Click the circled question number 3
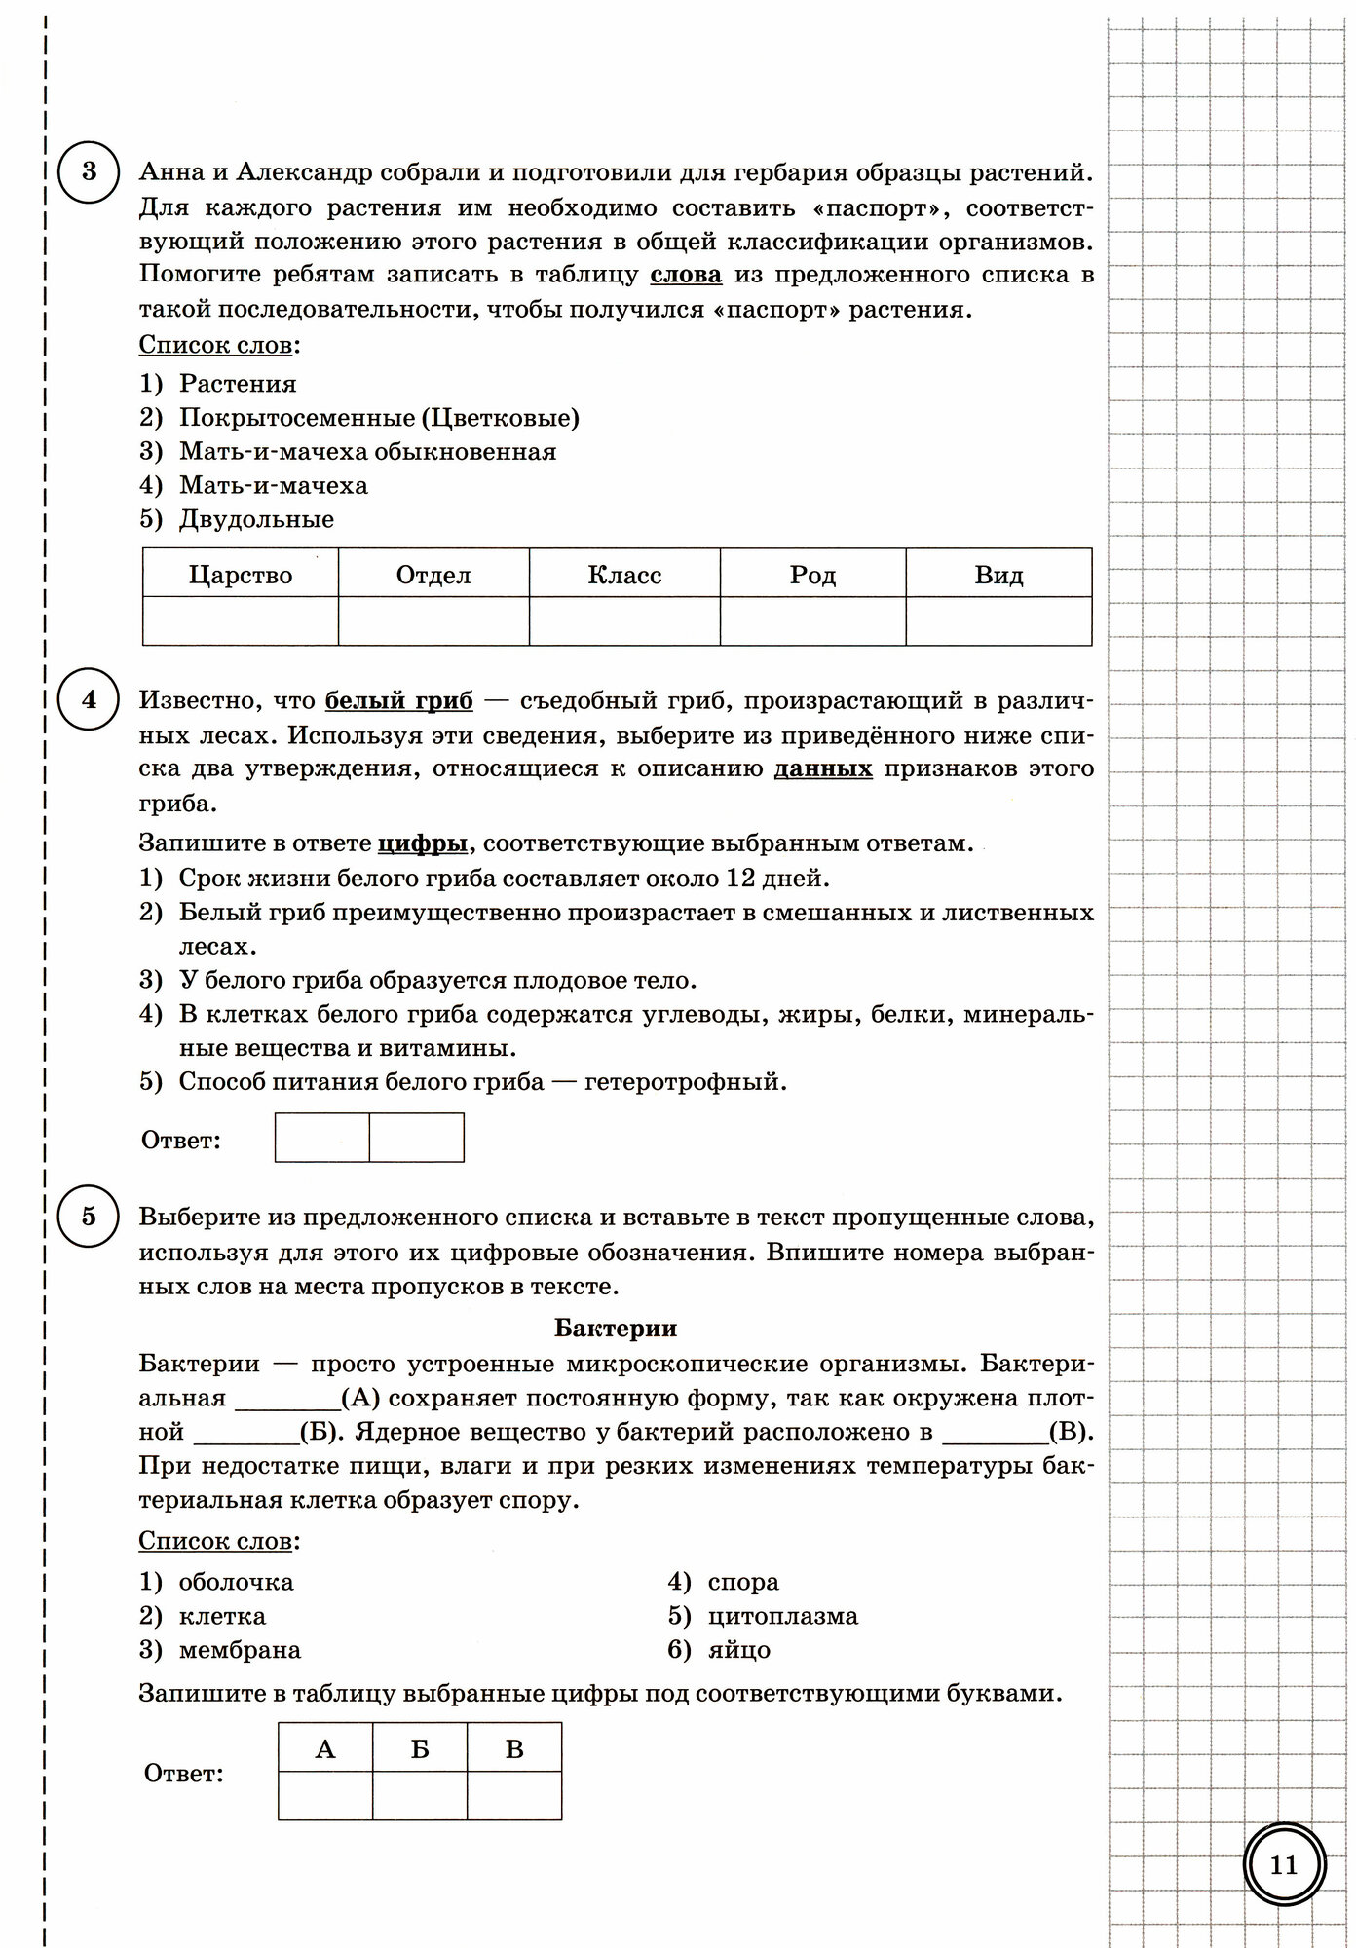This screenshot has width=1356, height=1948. point(89,172)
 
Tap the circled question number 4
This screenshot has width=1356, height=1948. point(89,699)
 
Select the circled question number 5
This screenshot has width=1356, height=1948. point(89,1216)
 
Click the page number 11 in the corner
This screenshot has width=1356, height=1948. point(1284,1864)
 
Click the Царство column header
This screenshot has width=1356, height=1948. point(241,575)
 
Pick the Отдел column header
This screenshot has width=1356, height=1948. point(433,575)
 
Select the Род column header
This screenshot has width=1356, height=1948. point(812,575)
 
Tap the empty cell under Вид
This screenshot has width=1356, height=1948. point(998,621)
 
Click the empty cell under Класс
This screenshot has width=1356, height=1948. point(624,621)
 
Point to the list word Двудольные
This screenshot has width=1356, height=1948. point(256,519)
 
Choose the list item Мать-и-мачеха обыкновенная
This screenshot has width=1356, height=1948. point(367,452)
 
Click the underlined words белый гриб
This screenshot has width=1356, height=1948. point(398,700)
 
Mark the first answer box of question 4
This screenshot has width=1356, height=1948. point(322,1138)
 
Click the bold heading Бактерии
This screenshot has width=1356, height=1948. point(616,1329)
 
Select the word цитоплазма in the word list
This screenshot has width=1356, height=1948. point(783,1616)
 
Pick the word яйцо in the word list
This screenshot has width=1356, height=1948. point(739,1650)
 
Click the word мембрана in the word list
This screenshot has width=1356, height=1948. point(240,1650)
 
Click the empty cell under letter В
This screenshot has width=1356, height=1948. point(514,1796)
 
